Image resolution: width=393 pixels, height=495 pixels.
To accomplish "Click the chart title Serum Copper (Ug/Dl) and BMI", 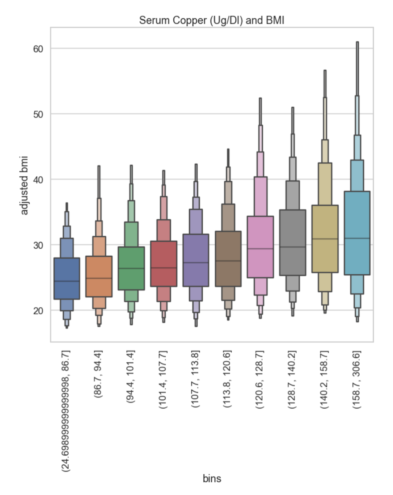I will (x=212, y=20).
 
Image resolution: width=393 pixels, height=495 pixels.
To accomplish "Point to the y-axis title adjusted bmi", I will (x=24, y=185).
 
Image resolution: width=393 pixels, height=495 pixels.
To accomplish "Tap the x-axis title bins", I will (x=212, y=478).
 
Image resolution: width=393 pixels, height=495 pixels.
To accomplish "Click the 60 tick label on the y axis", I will (x=38, y=49).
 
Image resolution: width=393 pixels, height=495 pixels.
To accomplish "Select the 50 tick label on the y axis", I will (x=38, y=114).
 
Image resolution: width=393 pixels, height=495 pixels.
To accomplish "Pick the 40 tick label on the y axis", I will (x=38, y=179).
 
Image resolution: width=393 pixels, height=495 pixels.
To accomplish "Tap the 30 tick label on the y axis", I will (x=38, y=245).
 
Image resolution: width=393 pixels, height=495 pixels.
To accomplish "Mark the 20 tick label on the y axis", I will (x=38, y=311).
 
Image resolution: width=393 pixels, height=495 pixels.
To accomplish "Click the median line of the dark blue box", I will (x=67, y=281).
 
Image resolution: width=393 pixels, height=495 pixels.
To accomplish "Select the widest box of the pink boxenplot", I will (x=260, y=247).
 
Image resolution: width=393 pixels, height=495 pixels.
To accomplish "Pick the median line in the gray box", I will (x=293, y=247).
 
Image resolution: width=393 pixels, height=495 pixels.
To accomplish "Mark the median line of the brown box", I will (x=228, y=261).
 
